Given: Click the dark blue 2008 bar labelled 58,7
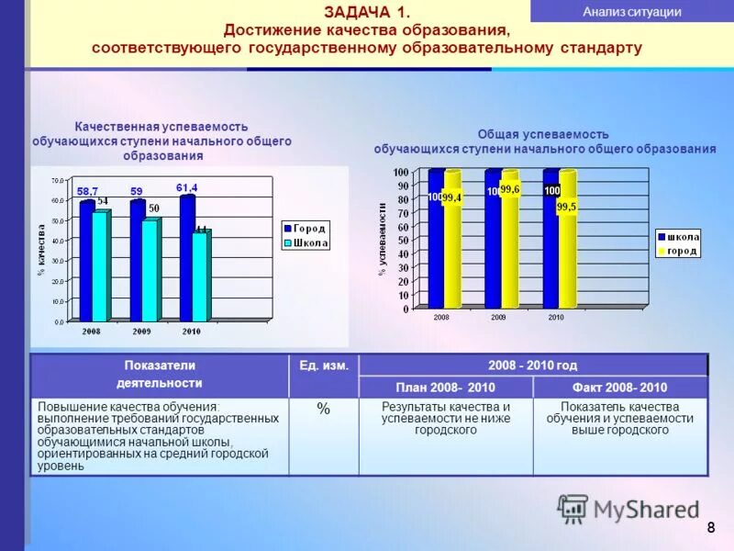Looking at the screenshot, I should tap(86, 262).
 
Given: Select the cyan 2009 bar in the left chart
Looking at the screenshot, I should tap(149, 271).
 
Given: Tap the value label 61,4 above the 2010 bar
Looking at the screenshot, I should tap(187, 187).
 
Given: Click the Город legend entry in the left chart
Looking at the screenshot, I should tap(305, 228).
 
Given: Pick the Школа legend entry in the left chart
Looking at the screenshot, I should tap(305, 242).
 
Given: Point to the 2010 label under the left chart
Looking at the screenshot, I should tap(191, 331).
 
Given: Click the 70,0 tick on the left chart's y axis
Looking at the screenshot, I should tap(57, 180).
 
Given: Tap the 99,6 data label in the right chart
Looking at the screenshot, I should tap(510, 189).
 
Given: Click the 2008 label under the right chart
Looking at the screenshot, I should tap(442, 317).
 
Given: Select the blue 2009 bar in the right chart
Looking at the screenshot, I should tap(494, 239).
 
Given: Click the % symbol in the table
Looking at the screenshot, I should tap(323, 410).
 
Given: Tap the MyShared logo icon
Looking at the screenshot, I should tap(573, 509).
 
